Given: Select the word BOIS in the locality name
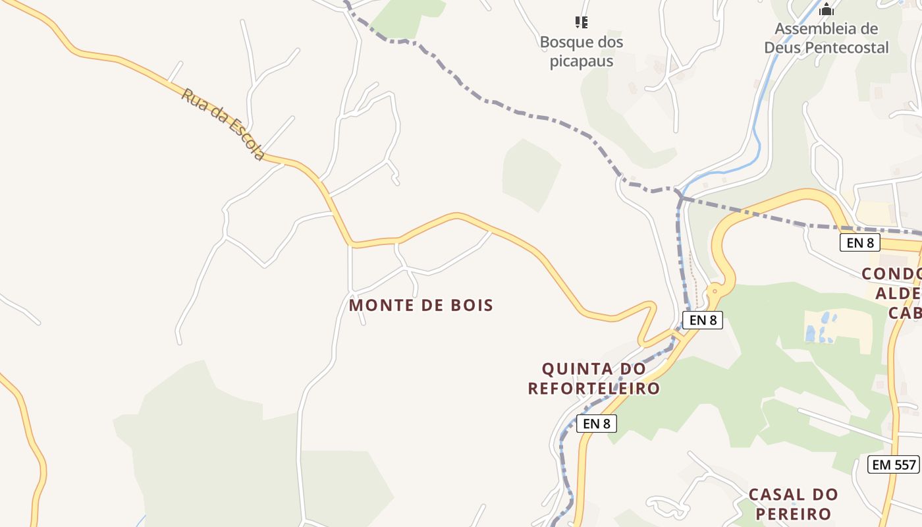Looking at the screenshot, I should (x=470, y=305).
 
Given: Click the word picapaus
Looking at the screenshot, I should (x=582, y=61).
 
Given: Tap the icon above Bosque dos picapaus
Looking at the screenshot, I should (x=581, y=22).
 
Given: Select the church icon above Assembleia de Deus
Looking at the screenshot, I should (x=827, y=9).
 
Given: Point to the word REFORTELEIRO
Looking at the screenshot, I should (x=594, y=388).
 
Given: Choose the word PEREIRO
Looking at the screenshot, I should (x=793, y=513).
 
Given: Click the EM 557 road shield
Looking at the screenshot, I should (x=894, y=464).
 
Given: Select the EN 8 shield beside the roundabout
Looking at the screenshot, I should (x=703, y=320).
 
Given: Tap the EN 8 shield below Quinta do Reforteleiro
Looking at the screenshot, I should (x=597, y=424).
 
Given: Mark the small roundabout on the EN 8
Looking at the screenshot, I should (x=715, y=290).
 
